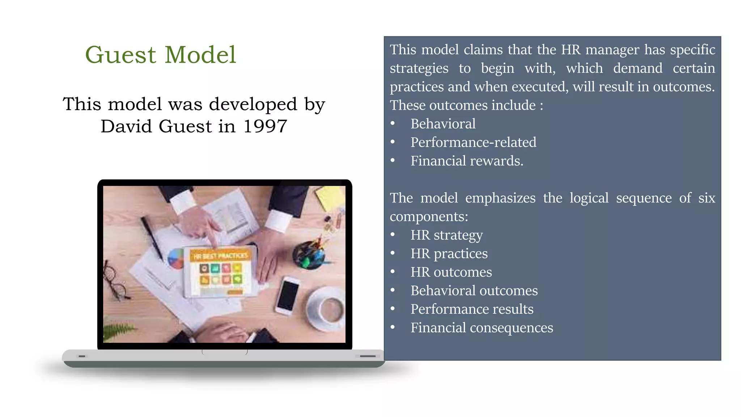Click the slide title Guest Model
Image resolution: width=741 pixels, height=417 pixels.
[x=161, y=55]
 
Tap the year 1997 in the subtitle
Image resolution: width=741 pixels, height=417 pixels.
[x=265, y=126]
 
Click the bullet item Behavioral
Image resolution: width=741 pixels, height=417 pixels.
[x=443, y=124]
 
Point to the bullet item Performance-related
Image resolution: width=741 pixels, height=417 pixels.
[x=473, y=142]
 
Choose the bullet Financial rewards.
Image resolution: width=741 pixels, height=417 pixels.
[x=467, y=161]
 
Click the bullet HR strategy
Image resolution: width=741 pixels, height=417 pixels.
[x=446, y=235]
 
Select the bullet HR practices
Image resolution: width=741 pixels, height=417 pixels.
[x=449, y=254]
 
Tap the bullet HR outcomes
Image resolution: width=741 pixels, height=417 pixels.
[x=451, y=272]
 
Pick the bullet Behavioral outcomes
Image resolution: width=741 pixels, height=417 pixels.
[x=474, y=291]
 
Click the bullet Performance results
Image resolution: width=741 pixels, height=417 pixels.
[x=472, y=309]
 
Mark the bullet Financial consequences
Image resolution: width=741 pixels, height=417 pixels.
[x=482, y=328]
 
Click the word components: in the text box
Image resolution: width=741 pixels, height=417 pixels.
[x=429, y=216]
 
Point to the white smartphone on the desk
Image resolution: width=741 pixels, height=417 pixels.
[x=288, y=295]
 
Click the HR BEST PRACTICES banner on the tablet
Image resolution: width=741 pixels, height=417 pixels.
[x=220, y=256]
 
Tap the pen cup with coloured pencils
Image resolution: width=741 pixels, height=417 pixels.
[x=310, y=253]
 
